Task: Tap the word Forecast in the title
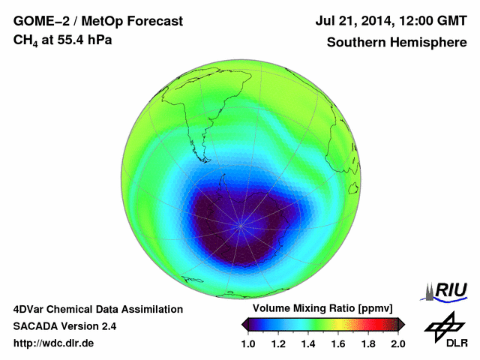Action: [x=154, y=22]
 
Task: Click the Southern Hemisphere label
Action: [x=396, y=42]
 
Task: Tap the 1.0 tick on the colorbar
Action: [x=250, y=343]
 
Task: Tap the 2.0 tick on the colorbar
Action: [x=397, y=343]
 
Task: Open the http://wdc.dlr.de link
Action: [x=54, y=343]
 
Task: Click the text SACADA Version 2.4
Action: [x=64, y=326]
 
